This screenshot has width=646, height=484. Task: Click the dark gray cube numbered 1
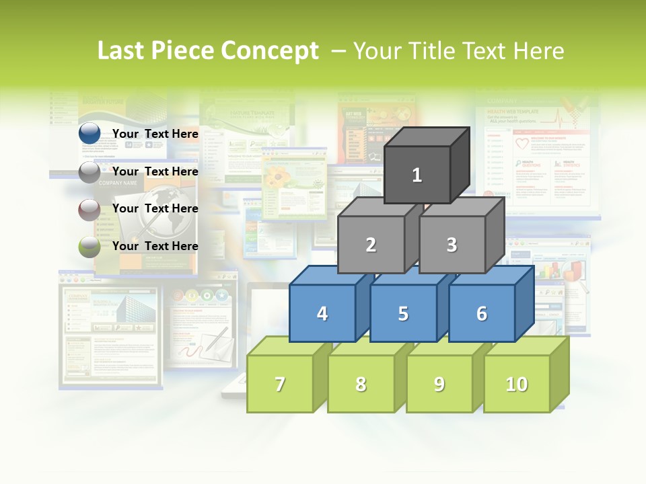pos(417,175)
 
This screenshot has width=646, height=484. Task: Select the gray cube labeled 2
pos(371,245)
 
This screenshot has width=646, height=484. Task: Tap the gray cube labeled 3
pos(452,245)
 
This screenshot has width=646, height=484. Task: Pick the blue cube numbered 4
pos(322,313)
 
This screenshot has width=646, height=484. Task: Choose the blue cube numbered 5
pos(403,313)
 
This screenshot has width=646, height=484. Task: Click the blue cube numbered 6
pos(481,313)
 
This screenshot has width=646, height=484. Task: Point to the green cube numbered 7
pos(280,384)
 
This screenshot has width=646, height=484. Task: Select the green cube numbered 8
pos(361,384)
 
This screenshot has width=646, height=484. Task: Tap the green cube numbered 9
pos(439,384)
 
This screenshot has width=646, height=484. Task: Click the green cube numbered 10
pos(516,384)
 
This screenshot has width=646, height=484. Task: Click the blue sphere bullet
pos(89,134)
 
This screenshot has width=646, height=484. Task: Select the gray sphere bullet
pos(89,172)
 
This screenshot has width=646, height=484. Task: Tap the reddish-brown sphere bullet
pos(89,210)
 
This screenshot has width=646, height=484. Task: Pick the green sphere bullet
pos(89,247)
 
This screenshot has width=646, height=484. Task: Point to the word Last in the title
pos(122,51)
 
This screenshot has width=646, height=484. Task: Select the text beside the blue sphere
pos(155,134)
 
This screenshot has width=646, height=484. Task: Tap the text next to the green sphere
pos(155,246)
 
